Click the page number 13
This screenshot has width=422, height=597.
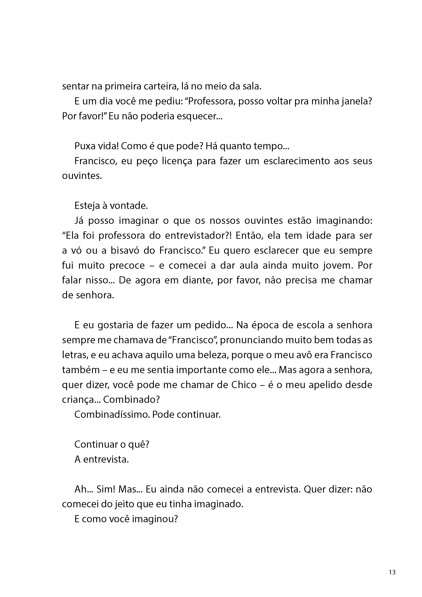click(392, 572)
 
